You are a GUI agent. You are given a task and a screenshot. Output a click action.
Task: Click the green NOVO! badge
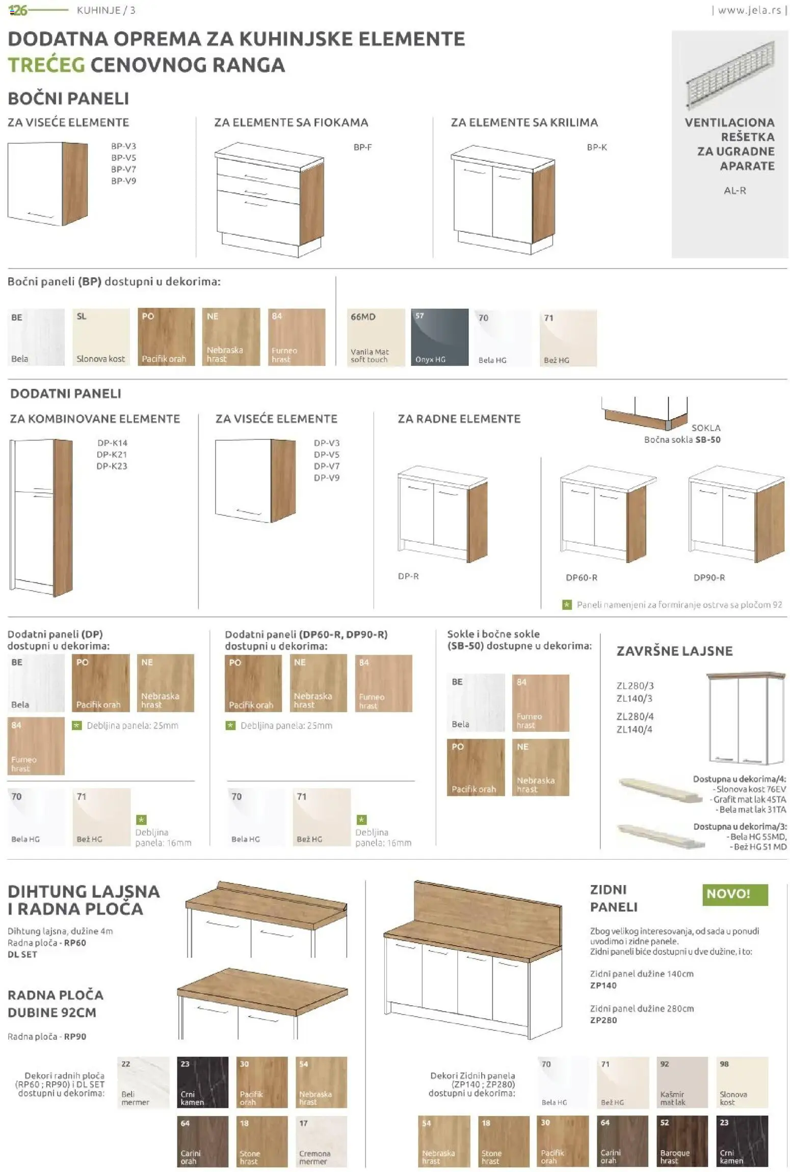734,894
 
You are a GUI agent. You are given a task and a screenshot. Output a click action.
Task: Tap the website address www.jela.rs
749,10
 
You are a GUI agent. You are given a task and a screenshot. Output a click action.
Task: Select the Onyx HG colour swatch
439,337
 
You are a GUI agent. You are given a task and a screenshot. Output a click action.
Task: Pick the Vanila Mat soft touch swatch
376,337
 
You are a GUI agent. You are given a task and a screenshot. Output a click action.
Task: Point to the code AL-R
734,191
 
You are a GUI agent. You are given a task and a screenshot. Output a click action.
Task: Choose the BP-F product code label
362,147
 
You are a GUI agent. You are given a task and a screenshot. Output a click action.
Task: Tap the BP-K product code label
597,147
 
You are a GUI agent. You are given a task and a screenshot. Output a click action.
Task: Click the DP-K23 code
112,466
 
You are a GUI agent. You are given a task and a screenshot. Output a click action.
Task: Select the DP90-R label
709,577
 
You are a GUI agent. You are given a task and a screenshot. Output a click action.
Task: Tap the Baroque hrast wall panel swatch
682,1141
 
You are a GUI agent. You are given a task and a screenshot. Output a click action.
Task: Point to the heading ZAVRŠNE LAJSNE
674,651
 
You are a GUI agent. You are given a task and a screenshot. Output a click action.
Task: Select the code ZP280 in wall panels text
603,1020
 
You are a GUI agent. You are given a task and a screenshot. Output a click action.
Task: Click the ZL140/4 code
634,729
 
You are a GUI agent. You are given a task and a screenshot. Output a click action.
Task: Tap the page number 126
18,10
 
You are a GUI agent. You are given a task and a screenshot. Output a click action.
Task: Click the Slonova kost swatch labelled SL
101,337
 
